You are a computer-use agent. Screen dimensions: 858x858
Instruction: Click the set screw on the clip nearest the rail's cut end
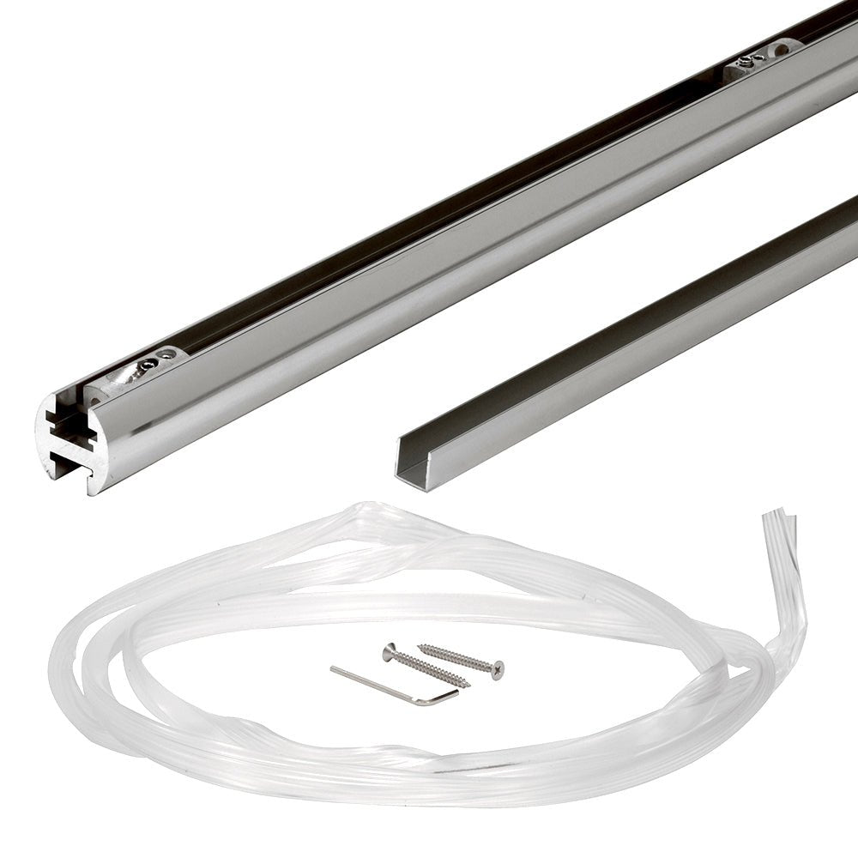click(148, 366)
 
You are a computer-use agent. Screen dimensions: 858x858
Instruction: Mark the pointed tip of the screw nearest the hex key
click(468, 686)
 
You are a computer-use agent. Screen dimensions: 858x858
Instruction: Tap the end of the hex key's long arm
click(333, 668)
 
